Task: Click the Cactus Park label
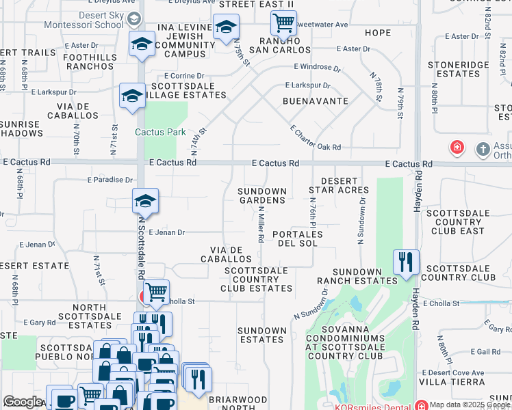coord(160,132)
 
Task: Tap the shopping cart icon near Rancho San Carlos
coord(283,23)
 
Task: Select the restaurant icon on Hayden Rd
coord(406,261)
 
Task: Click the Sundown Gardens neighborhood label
coord(261,195)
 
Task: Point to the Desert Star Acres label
coord(339,184)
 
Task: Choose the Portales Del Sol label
coord(297,238)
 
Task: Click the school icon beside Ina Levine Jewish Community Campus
coord(225,27)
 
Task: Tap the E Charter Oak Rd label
coord(315,137)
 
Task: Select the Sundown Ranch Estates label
coord(357,276)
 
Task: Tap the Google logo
coord(23,402)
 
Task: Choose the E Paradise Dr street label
coord(110,180)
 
